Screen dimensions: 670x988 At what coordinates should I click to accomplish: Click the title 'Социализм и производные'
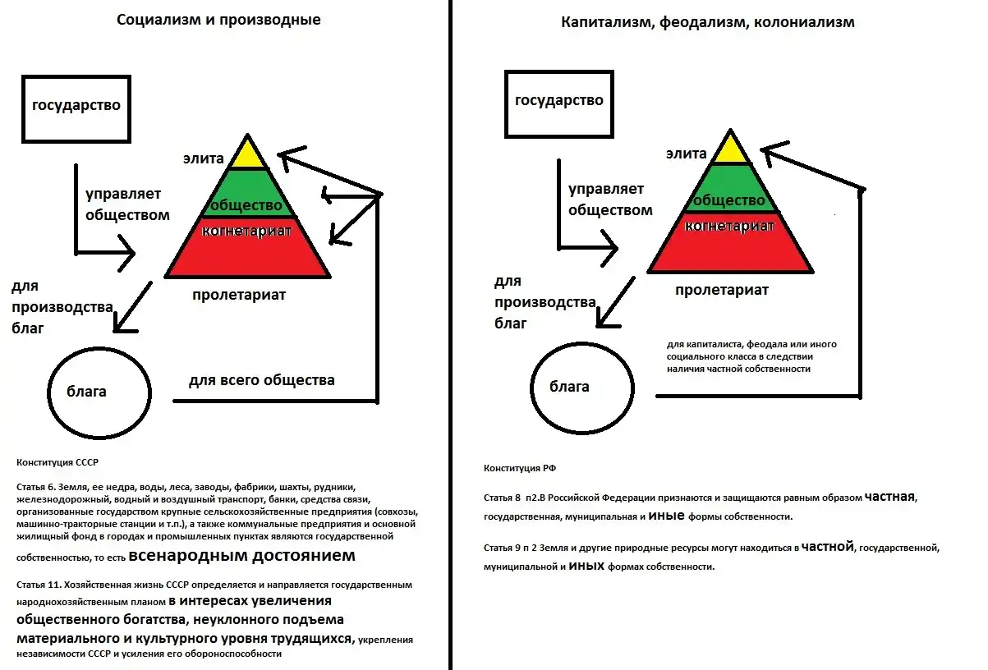click(x=218, y=21)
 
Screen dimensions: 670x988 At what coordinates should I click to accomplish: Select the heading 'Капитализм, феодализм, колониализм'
click(x=707, y=22)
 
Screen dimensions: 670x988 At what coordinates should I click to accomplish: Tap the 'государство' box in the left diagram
click(x=76, y=106)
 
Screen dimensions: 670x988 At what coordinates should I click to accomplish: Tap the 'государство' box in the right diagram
click(x=558, y=101)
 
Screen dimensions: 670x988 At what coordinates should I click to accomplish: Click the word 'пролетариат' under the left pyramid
click(x=239, y=295)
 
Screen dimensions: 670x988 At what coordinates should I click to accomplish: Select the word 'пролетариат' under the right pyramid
click(x=722, y=290)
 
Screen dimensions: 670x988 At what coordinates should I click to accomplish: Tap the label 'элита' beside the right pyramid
click(x=686, y=154)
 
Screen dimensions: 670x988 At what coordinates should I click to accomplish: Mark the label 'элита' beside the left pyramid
click(x=203, y=158)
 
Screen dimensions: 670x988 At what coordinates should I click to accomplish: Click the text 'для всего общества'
click(x=261, y=381)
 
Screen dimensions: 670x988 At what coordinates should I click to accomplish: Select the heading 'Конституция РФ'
click(x=520, y=468)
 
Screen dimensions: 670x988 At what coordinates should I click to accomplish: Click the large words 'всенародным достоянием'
click(x=242, y=556)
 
